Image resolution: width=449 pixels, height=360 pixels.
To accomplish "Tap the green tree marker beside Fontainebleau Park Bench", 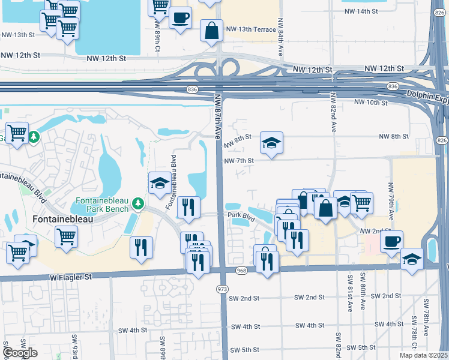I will [139, 204].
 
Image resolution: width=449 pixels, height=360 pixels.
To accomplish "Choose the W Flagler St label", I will [70, 277].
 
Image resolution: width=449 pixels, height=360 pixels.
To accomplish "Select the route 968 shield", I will [241, 271].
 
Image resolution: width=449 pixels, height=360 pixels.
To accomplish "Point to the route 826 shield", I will [442, 140].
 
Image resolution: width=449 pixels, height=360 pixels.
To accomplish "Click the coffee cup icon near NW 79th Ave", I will [391, 241].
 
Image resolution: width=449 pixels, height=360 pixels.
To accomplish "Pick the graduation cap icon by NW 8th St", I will [271, 143].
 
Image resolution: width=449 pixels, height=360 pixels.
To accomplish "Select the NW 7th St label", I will [240, 161].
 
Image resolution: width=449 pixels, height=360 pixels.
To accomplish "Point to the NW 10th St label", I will [371, 102].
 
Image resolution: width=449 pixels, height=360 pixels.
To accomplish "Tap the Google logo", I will [20, 352].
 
